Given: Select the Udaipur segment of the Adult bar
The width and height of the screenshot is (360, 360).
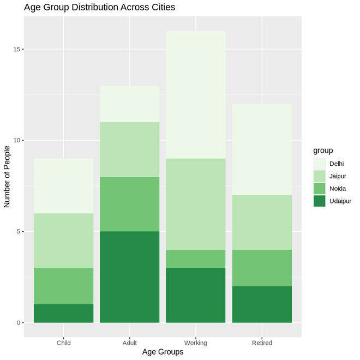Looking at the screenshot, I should [130, 277].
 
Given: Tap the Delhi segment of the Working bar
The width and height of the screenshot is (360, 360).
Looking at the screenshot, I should [196, 94].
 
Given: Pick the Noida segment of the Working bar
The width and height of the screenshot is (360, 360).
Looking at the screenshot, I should [196, 259].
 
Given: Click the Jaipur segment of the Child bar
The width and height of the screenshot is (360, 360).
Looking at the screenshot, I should [64, 241].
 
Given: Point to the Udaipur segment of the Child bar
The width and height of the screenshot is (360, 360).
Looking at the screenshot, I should [64, 314].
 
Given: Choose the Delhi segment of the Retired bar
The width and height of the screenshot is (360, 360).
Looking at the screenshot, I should [262, 149].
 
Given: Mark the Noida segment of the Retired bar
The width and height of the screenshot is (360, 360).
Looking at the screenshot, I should [262, 268].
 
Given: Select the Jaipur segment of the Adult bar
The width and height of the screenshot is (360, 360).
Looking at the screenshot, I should [130, 149].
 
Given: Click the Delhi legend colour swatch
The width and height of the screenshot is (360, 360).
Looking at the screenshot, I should [319, 164].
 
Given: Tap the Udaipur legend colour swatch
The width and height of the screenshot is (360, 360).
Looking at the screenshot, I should [319, 201].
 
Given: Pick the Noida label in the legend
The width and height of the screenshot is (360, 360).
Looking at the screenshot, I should [338, 189].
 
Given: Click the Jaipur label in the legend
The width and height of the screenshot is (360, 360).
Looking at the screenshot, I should [338, 176].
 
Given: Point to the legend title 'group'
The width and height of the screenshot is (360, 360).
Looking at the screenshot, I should [323, 150].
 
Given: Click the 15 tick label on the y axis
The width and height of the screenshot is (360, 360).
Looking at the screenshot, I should [18, 50].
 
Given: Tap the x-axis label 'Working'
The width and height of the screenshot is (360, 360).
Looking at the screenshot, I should [196, 343].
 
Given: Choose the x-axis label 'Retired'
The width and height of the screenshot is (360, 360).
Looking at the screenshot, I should [262, 343].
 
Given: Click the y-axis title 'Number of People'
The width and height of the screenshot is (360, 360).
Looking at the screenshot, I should [8, 177].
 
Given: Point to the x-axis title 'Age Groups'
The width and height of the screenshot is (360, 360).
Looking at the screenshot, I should [163, 352].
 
